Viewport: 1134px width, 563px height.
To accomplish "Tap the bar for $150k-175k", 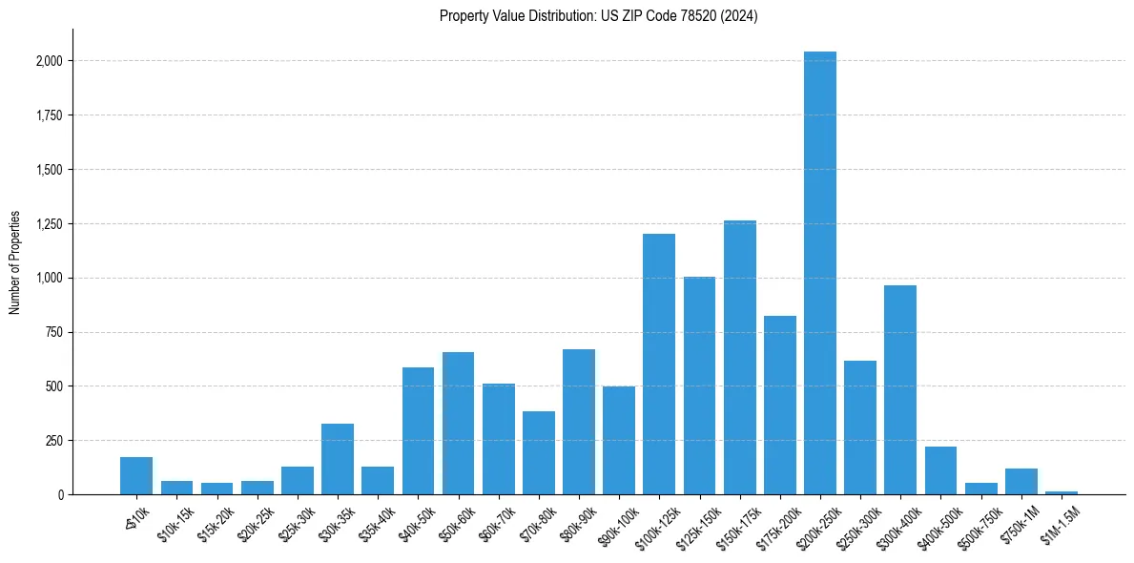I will pos(740,358).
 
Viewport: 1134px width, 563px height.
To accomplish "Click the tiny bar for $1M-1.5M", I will pos(1062,492).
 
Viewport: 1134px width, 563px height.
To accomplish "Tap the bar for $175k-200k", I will pos(780,405).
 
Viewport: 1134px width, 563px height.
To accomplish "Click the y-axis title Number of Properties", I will pos(15,262).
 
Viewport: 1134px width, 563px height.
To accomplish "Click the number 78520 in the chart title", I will pos(705,16).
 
